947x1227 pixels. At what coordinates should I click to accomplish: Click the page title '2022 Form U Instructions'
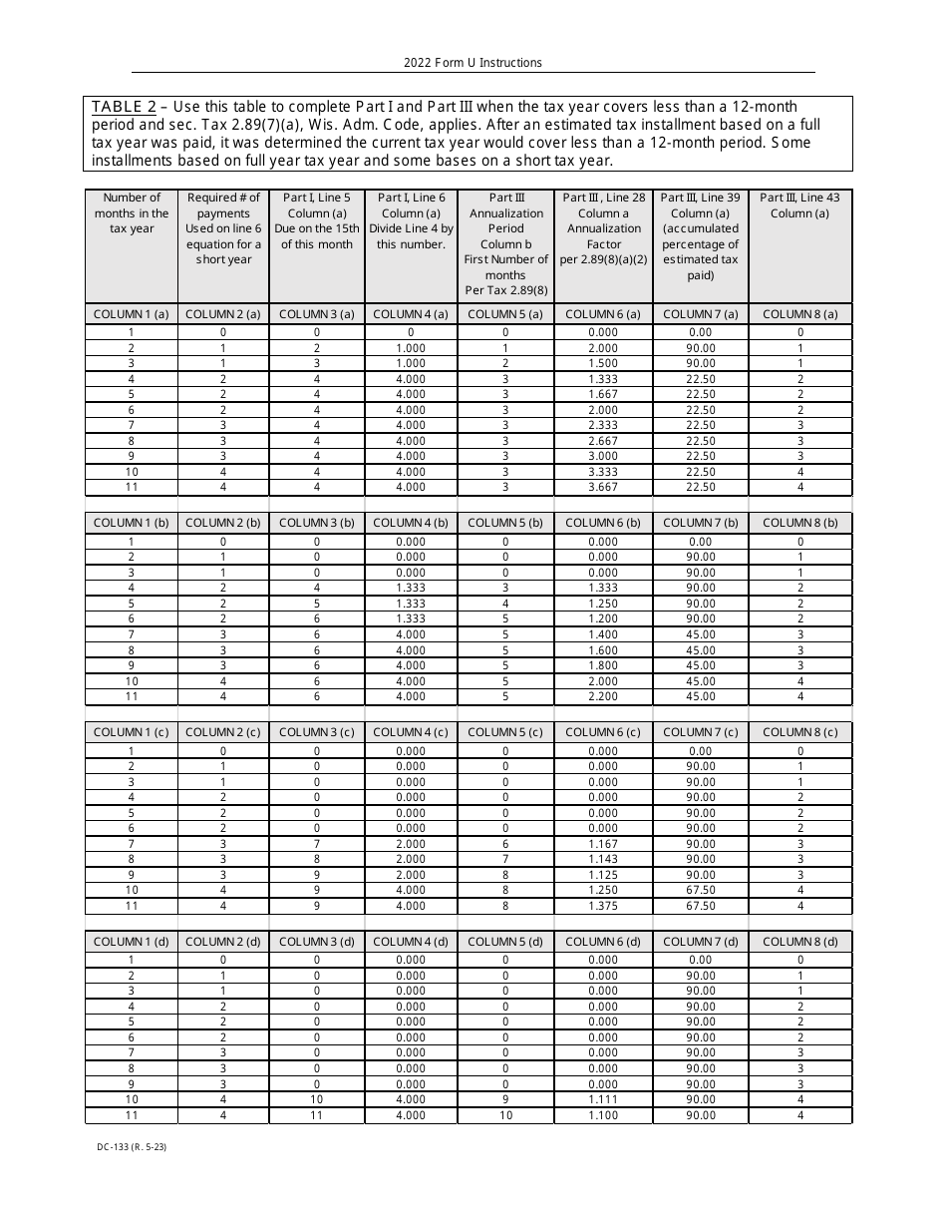(473, 63)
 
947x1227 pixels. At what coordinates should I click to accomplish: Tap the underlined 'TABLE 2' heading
(124, 107)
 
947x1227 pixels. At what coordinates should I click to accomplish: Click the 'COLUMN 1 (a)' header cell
(132, 314)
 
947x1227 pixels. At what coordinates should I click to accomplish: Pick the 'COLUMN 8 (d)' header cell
(799, 942)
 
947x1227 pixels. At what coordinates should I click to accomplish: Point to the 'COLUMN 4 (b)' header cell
(411, 523)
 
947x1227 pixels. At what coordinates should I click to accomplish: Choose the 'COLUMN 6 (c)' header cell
(603, 732)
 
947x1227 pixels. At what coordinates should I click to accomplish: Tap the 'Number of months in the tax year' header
(132, 213)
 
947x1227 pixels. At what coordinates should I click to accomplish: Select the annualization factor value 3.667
(603, 487)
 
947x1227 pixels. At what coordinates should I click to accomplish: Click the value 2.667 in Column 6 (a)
(603, 441)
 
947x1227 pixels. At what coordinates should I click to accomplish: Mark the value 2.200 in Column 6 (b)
(603, 696)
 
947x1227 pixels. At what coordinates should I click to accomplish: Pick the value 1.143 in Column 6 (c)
(603, 859)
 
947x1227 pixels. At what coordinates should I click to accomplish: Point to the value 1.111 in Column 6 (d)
(603, 1099)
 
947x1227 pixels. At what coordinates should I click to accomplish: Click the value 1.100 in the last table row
(603, 1115)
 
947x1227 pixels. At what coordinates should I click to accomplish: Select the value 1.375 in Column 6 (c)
(603, 906)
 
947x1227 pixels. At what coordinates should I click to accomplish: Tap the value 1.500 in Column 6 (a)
(603, 363)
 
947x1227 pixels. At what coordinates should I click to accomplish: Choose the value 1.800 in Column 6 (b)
(603, 665)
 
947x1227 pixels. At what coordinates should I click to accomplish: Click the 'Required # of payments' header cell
(223, 228)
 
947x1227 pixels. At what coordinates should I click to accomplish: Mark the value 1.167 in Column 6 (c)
(603, 844)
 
